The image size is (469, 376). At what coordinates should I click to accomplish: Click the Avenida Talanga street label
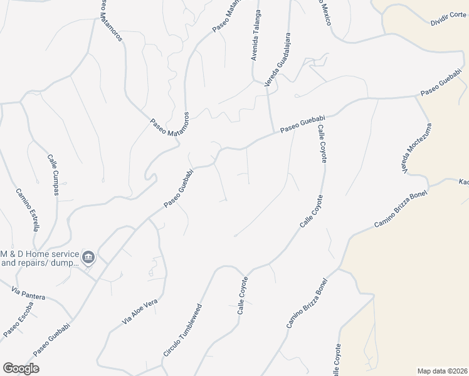[256, 35]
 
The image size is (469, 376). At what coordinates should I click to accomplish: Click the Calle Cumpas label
[53, 174]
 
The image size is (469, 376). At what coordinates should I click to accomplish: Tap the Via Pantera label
[28, 294]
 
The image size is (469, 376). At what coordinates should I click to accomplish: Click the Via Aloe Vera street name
[140, 315]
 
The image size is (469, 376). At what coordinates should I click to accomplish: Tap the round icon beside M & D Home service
[89, 257]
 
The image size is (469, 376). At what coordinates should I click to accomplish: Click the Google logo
[21, 368]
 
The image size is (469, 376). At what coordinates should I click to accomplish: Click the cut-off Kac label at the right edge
[463, 182]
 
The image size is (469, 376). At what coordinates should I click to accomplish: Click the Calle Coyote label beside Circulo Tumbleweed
[243, 295]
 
